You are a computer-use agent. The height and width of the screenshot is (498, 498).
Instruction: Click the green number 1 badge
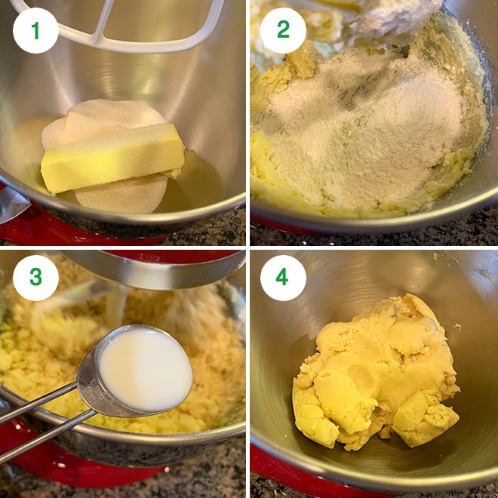pos(35,30)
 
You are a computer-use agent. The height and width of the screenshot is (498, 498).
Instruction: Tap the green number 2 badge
pos(283,30)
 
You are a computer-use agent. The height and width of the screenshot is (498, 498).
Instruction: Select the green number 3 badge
pos(35,278)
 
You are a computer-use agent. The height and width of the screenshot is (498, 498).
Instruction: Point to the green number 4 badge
pos(283,278)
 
